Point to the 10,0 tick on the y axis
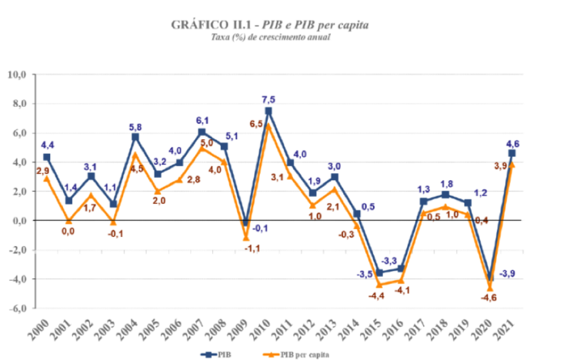point(17,75)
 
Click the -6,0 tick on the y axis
point(17,308)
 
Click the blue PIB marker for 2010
point(268,111)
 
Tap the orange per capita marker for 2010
point(268,126)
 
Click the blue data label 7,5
point(268,98)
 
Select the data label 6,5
point(256,123)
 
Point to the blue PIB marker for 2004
point(135,136)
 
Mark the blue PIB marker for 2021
point(512,153)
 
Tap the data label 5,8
point(135,125)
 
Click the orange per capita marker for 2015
point(379,285)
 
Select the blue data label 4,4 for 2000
point(47,145)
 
